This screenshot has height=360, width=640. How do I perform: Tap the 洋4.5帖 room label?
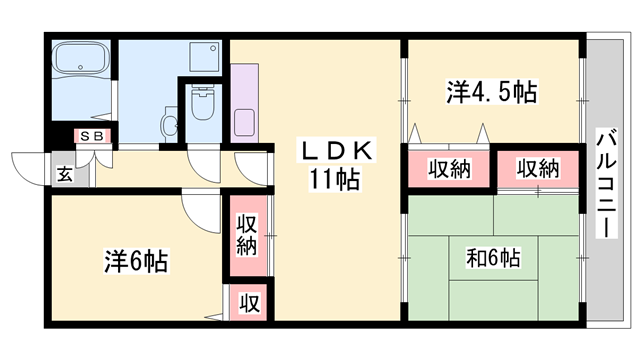coord(491,94)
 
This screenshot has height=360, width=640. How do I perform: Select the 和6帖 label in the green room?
coord(493,258)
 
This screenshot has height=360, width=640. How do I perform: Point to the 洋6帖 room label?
coord(135,262)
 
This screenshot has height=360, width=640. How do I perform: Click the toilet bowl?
coord(204,104)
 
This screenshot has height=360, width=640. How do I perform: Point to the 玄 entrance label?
coord(64,174)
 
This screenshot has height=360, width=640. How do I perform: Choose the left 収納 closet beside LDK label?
coord(447,169)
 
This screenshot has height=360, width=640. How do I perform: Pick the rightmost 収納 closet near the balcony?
coord(537,169)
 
